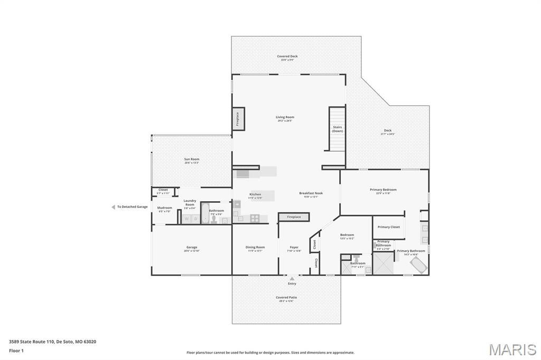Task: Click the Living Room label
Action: pyautogui.click(x=285, y=117)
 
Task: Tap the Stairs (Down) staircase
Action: pyautogui.click(x=337, y=129)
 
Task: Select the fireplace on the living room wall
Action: pyautogui.click(x=238, y=118)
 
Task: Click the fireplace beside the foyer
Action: pyautogui.click(x=294, y=217)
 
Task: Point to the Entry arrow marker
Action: pyautogui.click(x=292, y=278)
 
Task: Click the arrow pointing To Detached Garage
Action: pyautogui.click(x=113, y=207)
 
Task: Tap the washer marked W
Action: pyautogui.click(x=186, y=219)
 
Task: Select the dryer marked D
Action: pyautogui.click(x=195, y=219)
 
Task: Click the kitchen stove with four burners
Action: pyautogui.click(x=255, y=217)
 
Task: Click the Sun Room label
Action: pyautogui.click(x=192, y=159)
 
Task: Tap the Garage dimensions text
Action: pyautogui.click(x=192, y=251)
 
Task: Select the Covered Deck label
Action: pyautogui.click(x=287, y=56)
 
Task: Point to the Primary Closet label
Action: pyautogui.click(x=388, y=227)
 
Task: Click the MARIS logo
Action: pyautogui.click(x=512, y=349)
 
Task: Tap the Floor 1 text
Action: pyautogui.click(x=16, y=350)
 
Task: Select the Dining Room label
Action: pyautogui.click(x=255, y=247)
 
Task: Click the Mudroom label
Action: pyautogui.click(x=164, y=207)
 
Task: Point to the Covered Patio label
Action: pyautogui.click(x=286, y=297)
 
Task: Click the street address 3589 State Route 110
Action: pyautogui.click(x=32, y=342)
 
